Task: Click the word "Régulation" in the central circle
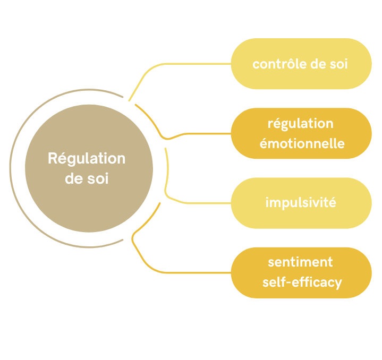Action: pos(87,158)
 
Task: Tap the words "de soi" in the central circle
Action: pos(87,178)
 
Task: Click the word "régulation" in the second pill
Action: pos(301,124)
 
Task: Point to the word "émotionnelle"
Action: pos(302,143)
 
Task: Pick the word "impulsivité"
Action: pos(301,202)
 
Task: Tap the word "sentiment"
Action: pos(300,262)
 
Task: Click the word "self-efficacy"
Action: pos(302,282)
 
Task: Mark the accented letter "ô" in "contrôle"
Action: pos(289,64)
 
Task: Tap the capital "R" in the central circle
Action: pos(53,158)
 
